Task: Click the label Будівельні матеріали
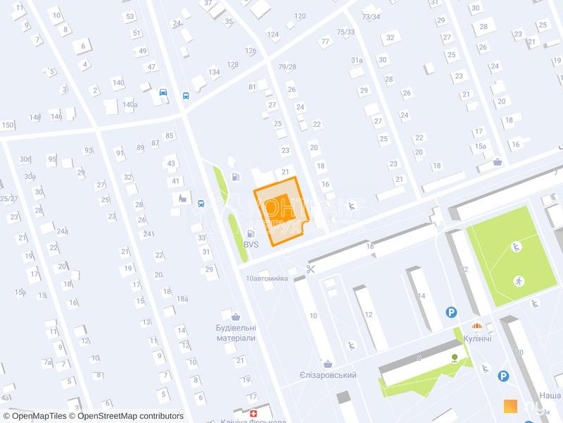pos(235,333)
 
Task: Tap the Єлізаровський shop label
pos(328,375)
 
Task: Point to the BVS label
pos(251,244)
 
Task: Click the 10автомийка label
pos(267,278)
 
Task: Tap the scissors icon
pos(310,269)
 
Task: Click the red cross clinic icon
pos(253,412)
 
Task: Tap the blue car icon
pos(163,92)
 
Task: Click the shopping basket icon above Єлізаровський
pos(327,364)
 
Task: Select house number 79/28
pos(287,67)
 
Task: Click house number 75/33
pos(346,32)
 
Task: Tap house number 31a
pos(356,61)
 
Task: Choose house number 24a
pos(62,231)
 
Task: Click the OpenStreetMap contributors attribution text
pos(130,416)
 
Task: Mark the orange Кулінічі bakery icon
pos(477,326)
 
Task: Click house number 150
pos(8,125)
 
